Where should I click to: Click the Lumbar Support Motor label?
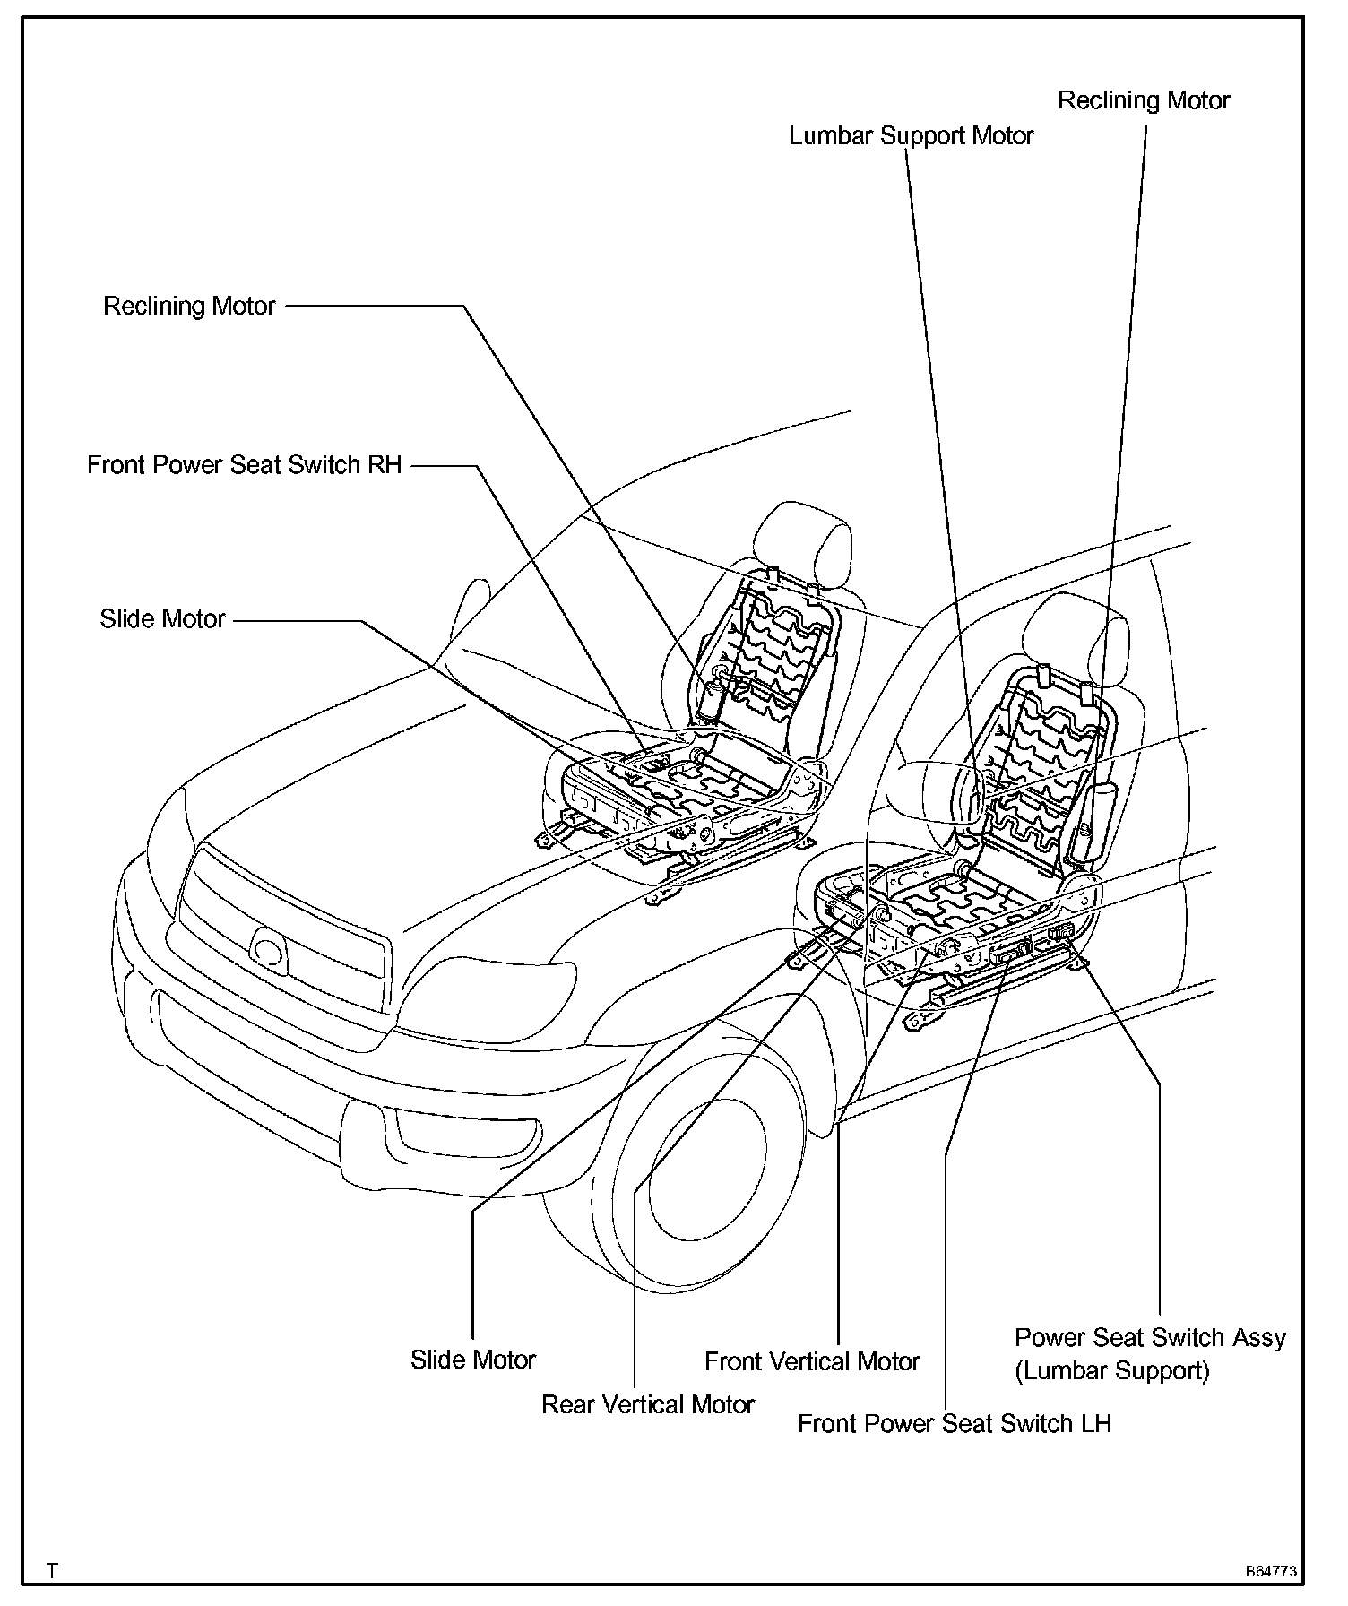pos(911,136)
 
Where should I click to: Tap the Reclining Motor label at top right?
pos(1144,100)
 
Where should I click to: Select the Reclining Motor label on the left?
pos(189,307)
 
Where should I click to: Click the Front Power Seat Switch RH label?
pos(244,465)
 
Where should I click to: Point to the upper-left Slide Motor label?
pos(162,619)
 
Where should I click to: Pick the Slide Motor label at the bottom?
pos(472,1360)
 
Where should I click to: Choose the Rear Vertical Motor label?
pos(647,1404)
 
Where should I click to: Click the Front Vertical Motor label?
pos(812,1361)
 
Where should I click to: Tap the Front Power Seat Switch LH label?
pos(954,1423)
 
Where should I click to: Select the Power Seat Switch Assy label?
pos(1150,1338)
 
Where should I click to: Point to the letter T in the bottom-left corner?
pos(53,1571)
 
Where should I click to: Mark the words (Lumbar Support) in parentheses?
pos(1111,1370)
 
